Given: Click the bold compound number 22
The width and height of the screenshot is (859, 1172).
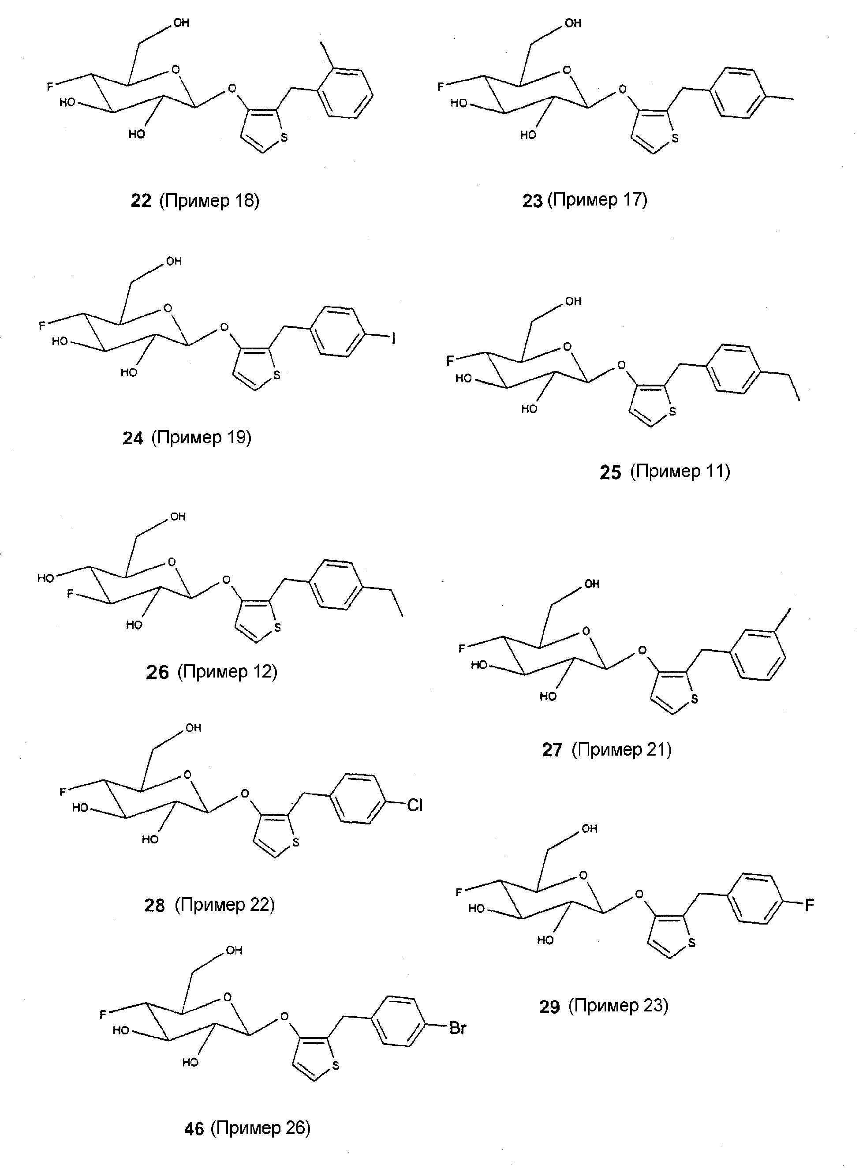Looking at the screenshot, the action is [141, 201].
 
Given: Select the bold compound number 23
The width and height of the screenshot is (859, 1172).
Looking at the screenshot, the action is [532, 201].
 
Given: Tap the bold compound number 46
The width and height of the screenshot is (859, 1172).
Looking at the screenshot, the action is [194, 1129].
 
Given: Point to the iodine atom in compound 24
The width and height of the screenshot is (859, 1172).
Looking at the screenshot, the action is [394, 339].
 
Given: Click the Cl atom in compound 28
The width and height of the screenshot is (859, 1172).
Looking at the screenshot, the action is [415, 806].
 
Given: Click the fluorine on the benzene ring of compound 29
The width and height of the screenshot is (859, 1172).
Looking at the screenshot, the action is [809, 906].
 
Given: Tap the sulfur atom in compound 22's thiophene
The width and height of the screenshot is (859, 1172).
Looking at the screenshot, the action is [284, 138].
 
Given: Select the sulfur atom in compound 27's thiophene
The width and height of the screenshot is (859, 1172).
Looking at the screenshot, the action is [694, 700].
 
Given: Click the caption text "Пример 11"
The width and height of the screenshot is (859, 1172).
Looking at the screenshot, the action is [680, 471].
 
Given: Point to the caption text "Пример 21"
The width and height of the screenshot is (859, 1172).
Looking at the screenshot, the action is [621, 749].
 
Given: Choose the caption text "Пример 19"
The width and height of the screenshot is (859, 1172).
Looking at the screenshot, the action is [201, 438].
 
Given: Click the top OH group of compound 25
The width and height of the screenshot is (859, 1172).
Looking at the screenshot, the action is [573, 301].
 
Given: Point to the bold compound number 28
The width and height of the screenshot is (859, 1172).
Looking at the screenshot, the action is [154, 906].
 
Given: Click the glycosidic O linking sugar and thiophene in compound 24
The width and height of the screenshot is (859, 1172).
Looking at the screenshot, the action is [224, 327].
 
